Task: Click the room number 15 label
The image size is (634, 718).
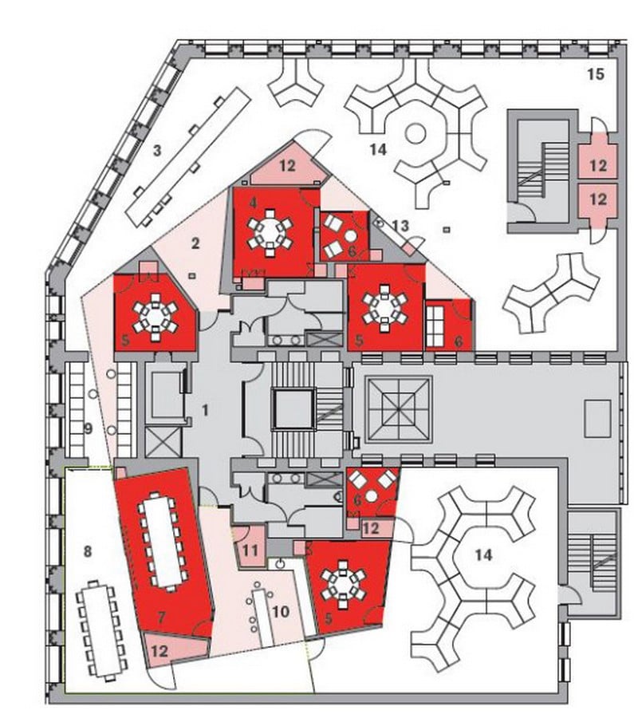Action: pos(596,73)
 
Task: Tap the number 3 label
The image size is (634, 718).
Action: pos(157,150)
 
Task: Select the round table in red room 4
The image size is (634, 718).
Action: pos(270,227)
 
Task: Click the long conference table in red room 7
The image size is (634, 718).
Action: pos(163,539)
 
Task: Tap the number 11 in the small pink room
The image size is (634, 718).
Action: pos(250,550)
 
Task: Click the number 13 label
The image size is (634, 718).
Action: pos(400,226)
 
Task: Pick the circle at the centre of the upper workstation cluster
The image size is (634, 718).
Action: pos(415,134)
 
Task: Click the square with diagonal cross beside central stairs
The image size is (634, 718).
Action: pos(399,408)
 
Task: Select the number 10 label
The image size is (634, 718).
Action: pos(281,611)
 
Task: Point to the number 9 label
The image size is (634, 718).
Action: pos(88,429)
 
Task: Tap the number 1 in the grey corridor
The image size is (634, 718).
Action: pos(205,410)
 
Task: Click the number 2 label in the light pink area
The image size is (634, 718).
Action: pos(195,243)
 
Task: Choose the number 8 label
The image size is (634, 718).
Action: pos(88,551)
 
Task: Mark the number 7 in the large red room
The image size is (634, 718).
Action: pos(160,617)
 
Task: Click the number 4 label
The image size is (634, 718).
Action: pos(253,203)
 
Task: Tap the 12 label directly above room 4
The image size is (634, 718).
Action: pos(287,165)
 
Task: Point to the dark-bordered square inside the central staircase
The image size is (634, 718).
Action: pos(293,409)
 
